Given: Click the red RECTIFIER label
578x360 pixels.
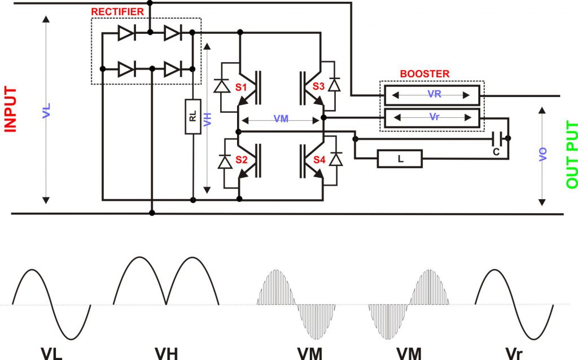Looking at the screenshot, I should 117,11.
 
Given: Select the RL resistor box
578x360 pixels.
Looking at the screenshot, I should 192,117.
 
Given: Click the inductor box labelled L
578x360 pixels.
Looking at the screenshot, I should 400,159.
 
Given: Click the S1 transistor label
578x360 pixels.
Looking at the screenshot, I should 242,88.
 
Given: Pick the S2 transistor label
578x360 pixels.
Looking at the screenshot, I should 242,160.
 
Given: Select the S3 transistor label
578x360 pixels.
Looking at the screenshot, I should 318,88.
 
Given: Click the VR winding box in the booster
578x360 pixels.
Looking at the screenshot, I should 432,94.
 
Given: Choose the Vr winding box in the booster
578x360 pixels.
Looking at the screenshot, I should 432,118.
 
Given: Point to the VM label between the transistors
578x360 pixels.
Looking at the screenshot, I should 281,120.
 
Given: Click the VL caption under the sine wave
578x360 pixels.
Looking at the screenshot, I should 51,353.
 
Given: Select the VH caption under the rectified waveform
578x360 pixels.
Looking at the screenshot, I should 166,353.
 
